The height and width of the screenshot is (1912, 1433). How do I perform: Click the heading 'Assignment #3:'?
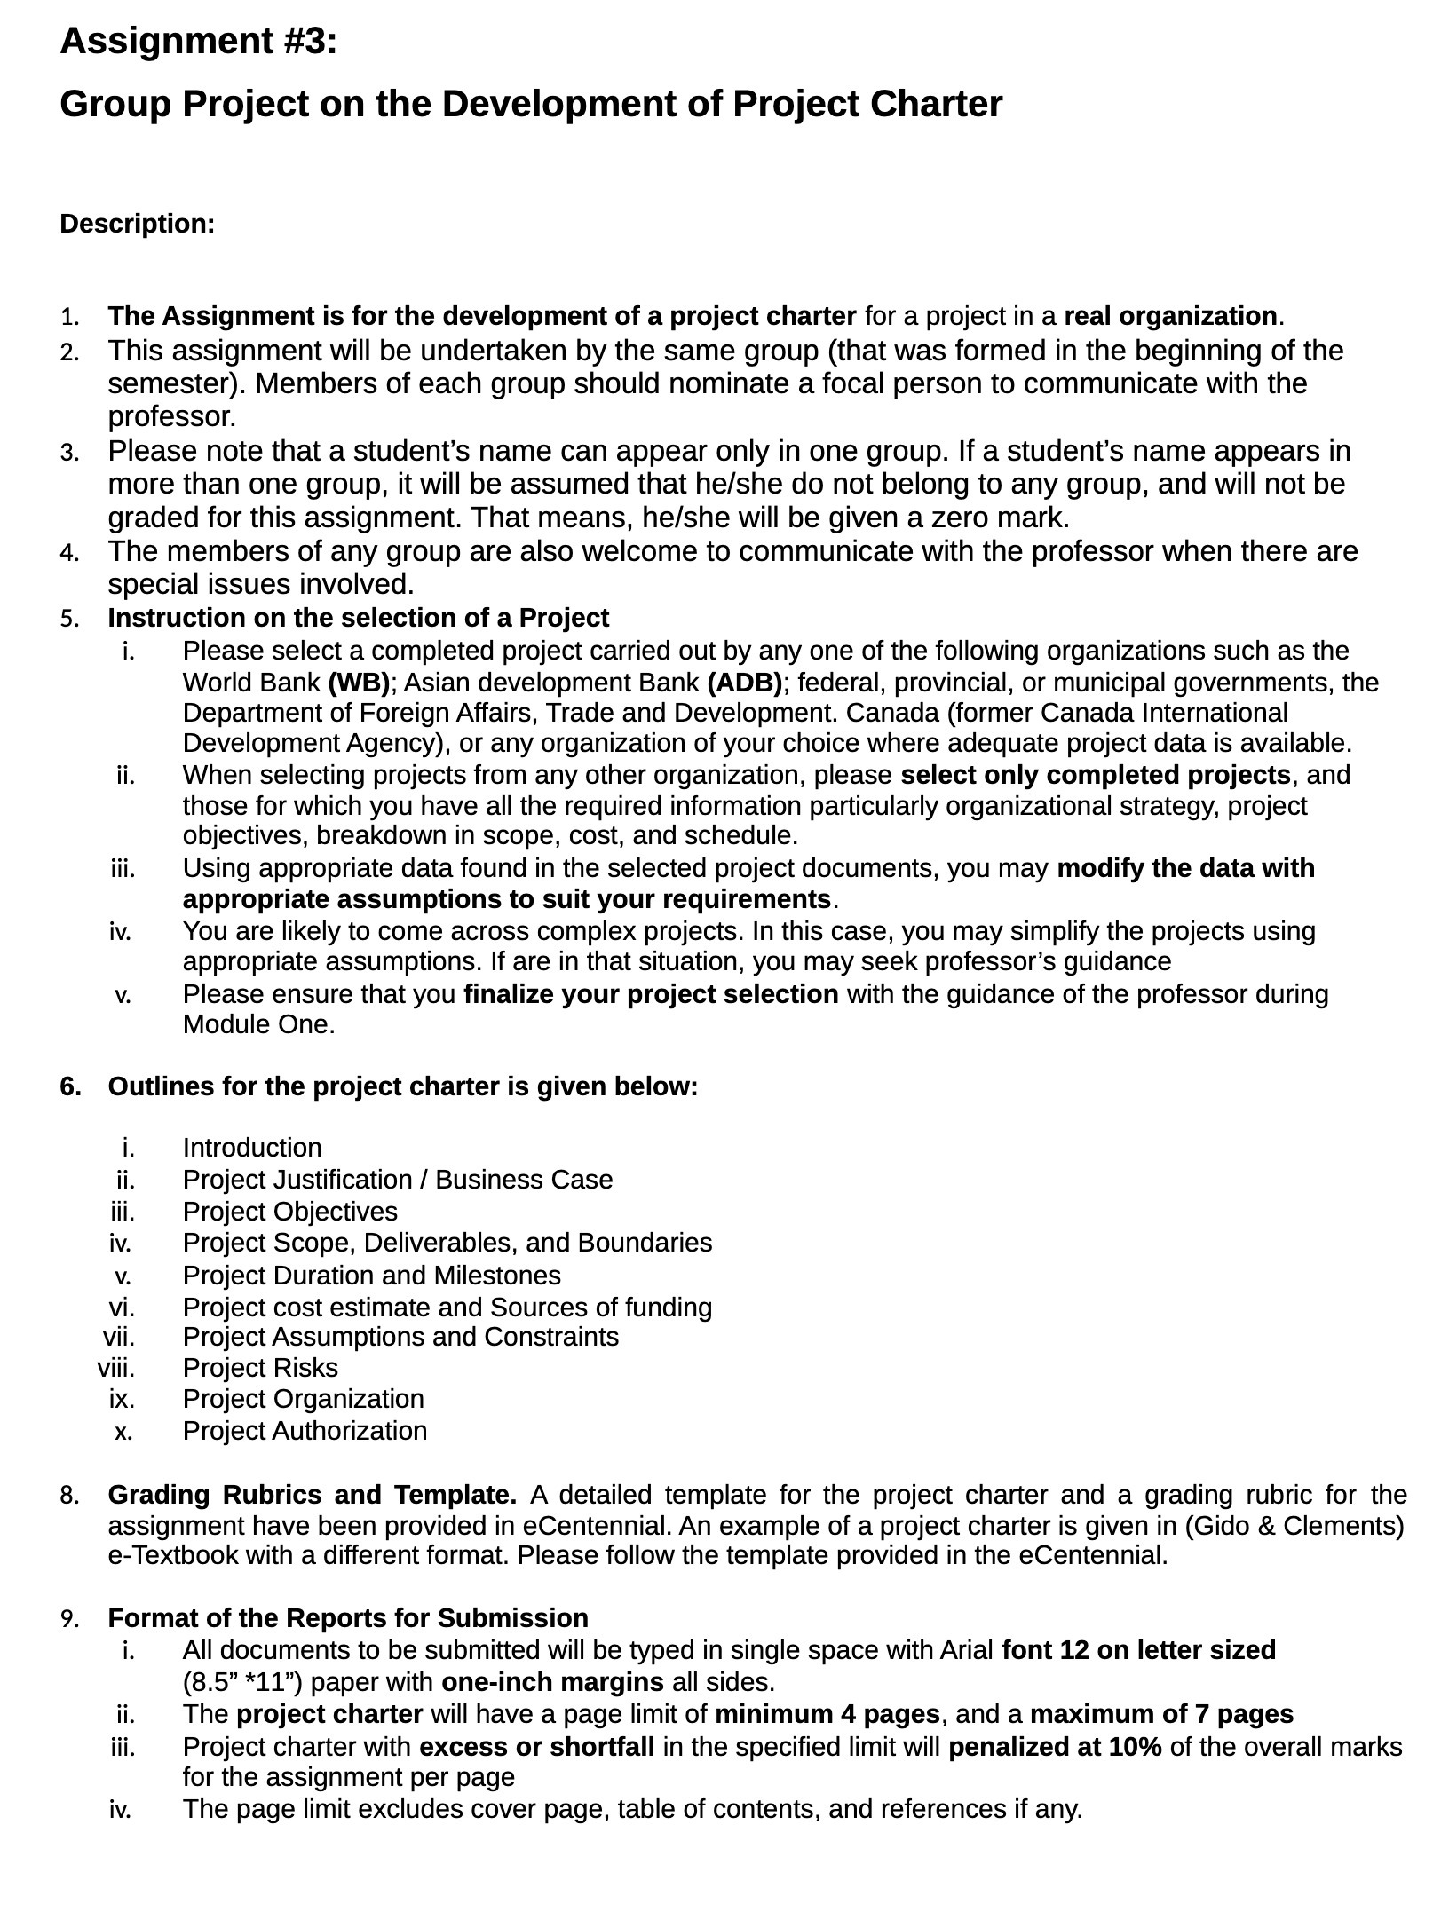pos(198,42)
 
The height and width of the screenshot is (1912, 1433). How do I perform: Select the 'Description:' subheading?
pos(137,225)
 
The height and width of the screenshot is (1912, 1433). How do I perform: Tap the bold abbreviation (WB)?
pos(359,683)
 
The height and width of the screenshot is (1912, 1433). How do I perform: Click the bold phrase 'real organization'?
pos(1169,316)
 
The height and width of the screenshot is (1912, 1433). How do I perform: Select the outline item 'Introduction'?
pos(252,1148)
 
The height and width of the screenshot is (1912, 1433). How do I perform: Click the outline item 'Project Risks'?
pos(260,1368)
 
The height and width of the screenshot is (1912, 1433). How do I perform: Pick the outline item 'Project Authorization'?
pos(305,1431)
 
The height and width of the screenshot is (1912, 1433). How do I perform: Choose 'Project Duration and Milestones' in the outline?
pos(371,1276)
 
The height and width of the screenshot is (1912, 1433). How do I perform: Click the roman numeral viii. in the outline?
pos(116,1368)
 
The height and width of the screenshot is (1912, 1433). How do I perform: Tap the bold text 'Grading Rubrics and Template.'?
pos(312,1495)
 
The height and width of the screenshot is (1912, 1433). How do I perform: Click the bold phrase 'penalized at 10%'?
pos(1055,1747)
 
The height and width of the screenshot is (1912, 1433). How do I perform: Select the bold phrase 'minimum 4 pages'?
pos(827,1714)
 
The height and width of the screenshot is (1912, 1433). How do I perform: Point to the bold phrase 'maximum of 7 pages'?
pos(1161,1714)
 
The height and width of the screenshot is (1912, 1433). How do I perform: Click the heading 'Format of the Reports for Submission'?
pos(348,1617)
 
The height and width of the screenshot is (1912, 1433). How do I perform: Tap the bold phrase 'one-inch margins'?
pos(552,1682)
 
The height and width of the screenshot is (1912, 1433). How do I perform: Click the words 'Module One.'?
pos(258,1024)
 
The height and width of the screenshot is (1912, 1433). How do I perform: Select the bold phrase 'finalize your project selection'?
pos(651,994)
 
